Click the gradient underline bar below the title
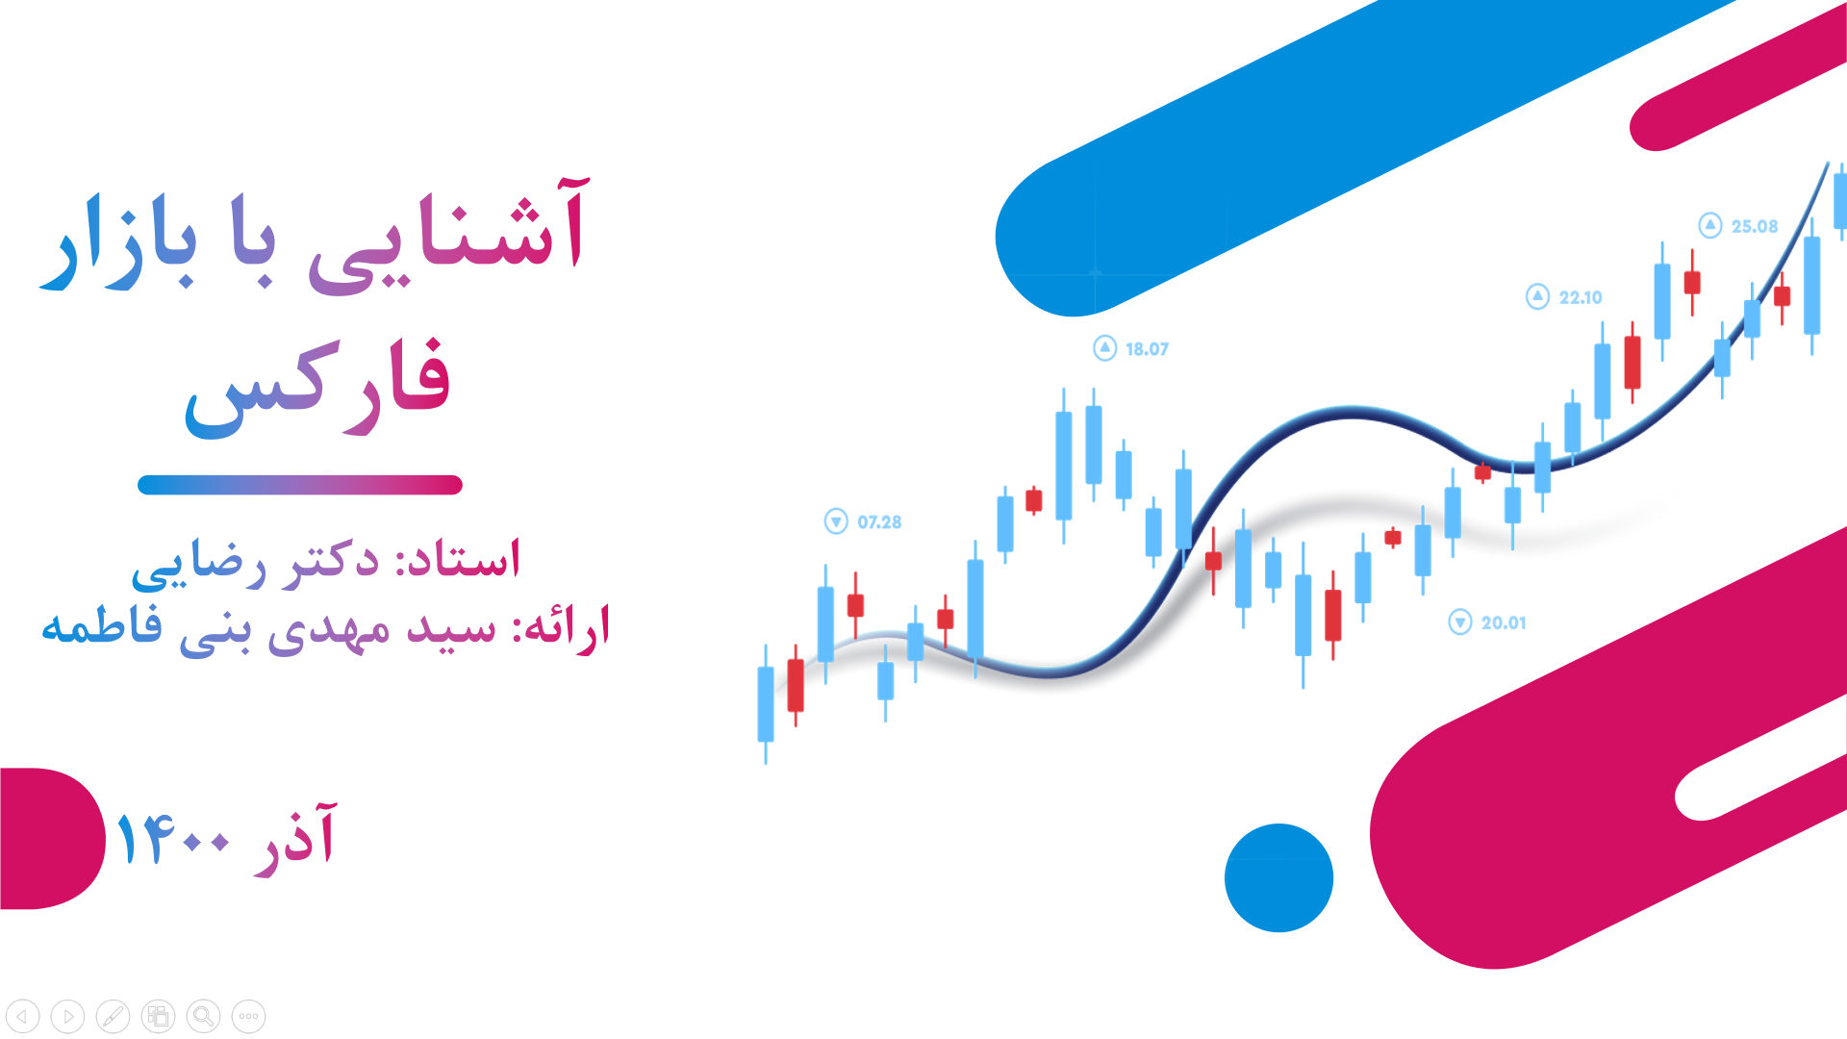click(x=300, y=485)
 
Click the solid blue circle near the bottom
click(x=1278, y=877)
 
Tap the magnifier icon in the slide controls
click(x=203, y=1016)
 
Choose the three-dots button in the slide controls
click(x=248, y=1016)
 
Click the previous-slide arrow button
click(x=22, y=1016)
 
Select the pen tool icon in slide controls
click(x=113, y=1016)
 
